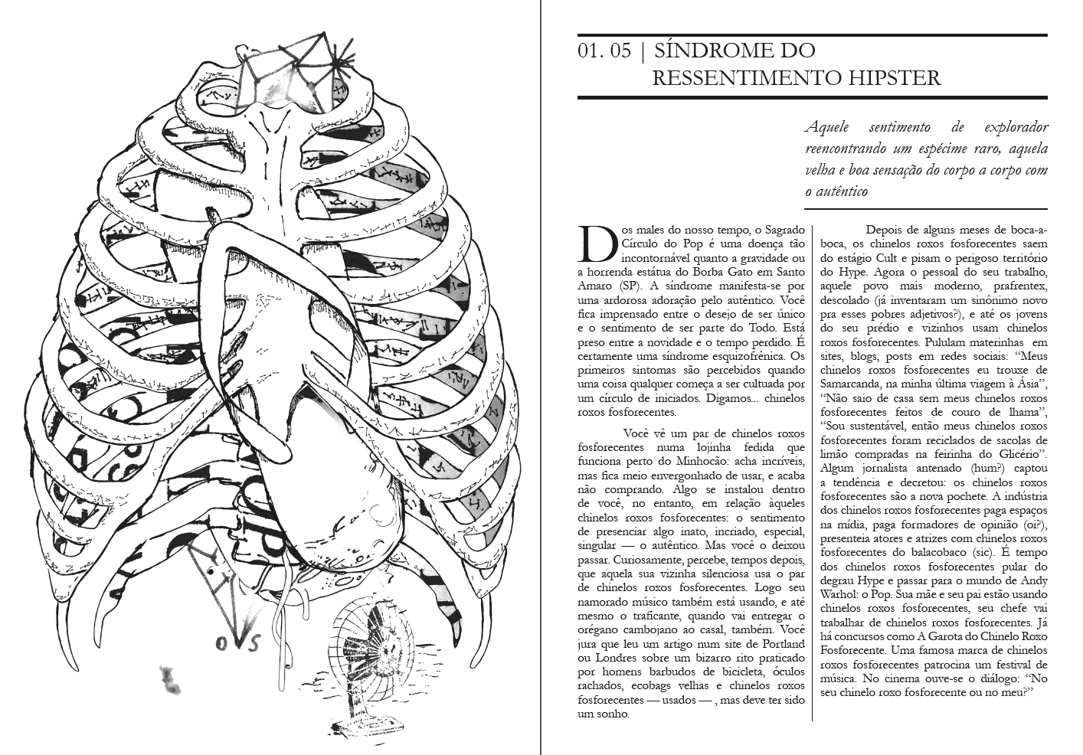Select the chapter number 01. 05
605,51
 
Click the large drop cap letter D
596,243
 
